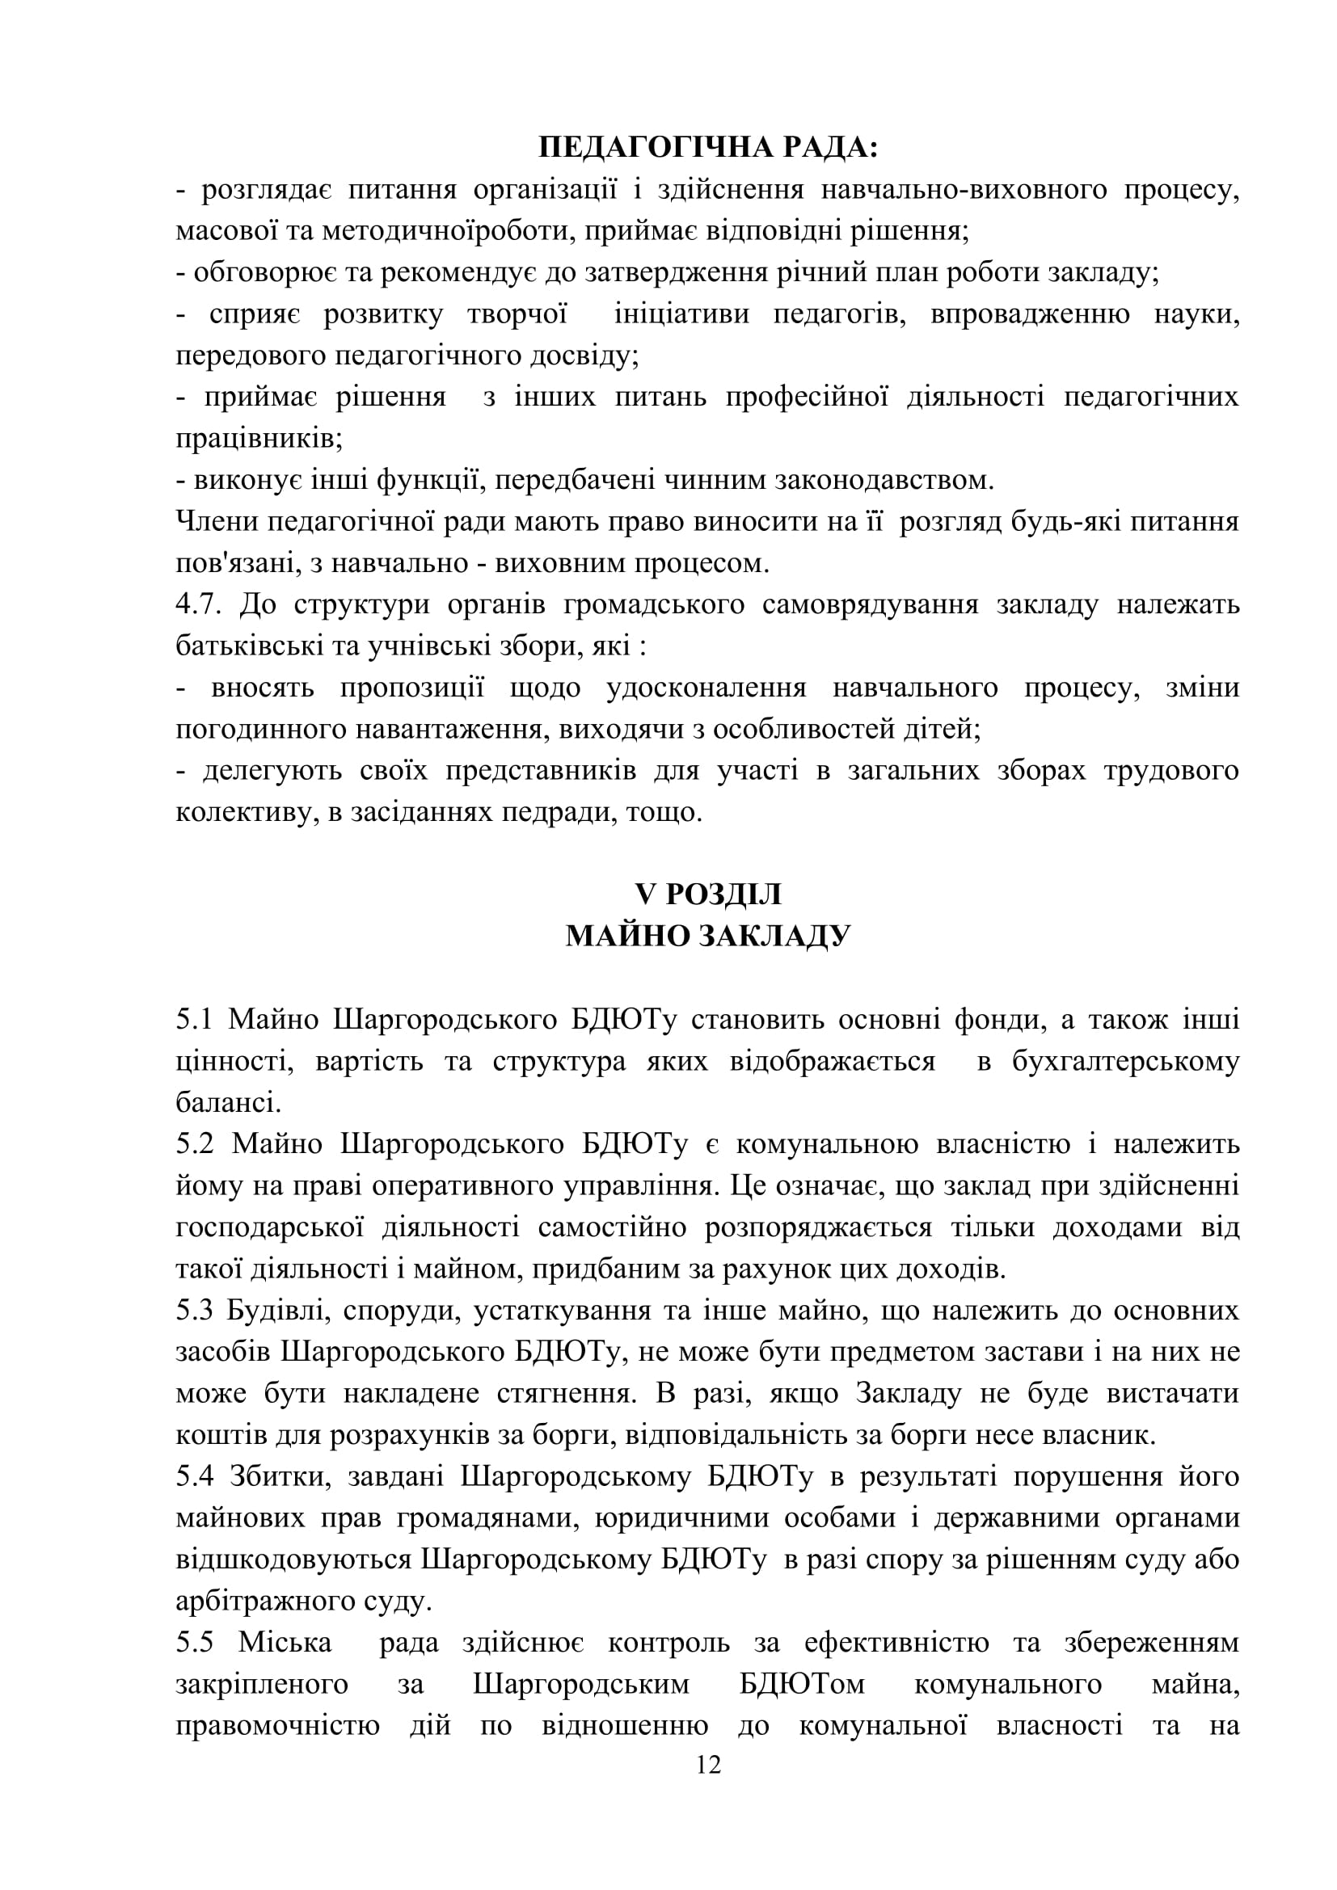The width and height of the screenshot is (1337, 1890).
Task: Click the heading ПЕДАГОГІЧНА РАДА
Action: click(708, 148)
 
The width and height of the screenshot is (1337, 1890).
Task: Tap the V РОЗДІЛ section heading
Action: click(708, 894)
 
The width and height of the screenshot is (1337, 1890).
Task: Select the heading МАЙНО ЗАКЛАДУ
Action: click(708, 936)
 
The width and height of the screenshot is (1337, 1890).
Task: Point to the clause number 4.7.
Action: click(198, 604)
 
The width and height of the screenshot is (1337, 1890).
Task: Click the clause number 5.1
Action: click(193, 1019)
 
